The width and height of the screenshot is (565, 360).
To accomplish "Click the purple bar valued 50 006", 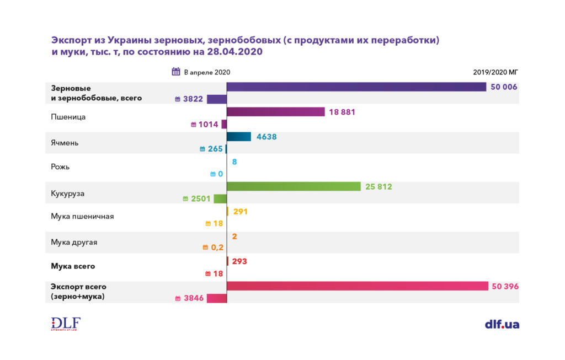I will pyautogui.click(x=356, y=87).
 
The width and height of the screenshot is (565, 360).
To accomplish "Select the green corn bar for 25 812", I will pyautogui.click(x=294, y=187).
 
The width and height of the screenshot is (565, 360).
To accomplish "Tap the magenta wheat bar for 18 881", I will pyautogui.click(x=275, y=112).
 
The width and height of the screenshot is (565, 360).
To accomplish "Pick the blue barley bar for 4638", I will pyautogui.click(x=239, y=137).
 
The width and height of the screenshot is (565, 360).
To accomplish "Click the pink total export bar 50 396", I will pyautogui.click(x=357, y=286).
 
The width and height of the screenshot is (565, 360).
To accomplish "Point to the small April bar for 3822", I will pyautogui.click(x=217, y=99).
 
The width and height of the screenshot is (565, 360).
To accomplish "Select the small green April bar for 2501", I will pyautogui.click(x=220, y=199).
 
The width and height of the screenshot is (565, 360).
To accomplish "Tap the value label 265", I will pyautogui.click(x=215, y=149).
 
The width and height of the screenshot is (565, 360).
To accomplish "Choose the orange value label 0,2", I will pyautogui.click(x=217, y=248).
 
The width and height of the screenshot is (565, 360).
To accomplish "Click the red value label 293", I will pyautogui.click(x=239, y=261).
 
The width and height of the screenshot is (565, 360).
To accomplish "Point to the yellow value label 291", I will pyautogui.click(x=241, y=211).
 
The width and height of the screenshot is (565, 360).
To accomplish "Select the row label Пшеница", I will pyautogui.click(x=68, y=117).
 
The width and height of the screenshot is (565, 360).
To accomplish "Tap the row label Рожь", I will pyautogui.click(x=60, y=166).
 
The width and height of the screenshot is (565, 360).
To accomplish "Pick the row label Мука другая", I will pyautogui.click(x=74, y=242).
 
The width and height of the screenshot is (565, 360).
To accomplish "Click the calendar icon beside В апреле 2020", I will pyautogui.click(x=176, y=72).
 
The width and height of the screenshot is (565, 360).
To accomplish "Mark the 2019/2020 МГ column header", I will pyautogui.click(x=495, y=72).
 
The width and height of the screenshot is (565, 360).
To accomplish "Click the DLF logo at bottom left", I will pyautogui.click(x=66, y=324).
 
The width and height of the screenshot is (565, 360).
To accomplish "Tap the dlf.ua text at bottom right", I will pyautogui.click(x=502, y=324).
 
